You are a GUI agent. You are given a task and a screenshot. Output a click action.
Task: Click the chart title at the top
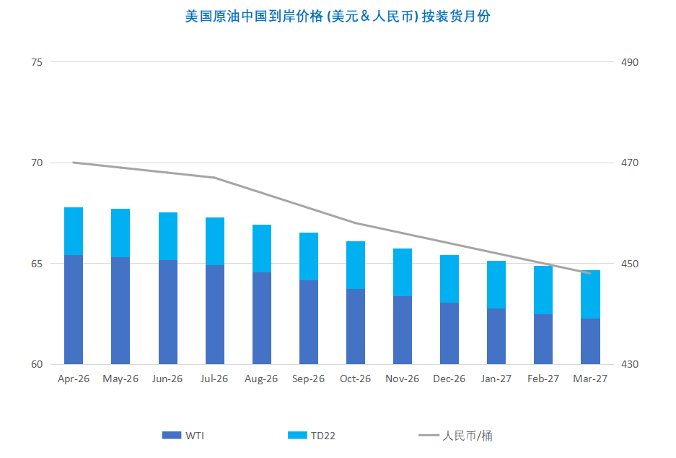(338, 16)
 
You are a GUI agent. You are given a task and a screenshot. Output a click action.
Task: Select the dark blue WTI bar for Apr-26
(74, 309)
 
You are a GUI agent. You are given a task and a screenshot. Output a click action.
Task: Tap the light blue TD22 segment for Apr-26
(74, 231)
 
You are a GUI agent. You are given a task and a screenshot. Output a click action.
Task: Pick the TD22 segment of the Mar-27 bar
(590, 294)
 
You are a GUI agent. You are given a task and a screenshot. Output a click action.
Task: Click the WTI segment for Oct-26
(356, 327)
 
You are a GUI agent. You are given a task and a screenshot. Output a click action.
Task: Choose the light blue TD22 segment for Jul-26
(215, 241)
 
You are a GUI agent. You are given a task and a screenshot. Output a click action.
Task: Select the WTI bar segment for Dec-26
(449, 333)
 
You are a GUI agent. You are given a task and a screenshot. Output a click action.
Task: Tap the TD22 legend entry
(312, 435)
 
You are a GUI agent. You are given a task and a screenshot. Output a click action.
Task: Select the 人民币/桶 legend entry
(456, 435)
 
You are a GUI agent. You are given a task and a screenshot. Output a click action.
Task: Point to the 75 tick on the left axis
(37, 62)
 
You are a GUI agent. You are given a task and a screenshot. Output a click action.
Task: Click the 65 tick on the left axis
(37, 264)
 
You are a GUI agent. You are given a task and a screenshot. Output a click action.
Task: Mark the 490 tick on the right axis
(630, 62)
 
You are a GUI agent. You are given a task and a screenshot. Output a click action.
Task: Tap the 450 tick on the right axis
(630, 264)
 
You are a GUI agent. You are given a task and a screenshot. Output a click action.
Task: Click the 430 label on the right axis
(630, 364)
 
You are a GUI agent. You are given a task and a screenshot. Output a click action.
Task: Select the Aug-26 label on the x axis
(261, 379)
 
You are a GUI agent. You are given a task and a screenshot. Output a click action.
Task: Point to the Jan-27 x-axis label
(496, 379)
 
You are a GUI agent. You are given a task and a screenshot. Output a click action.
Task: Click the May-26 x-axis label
(120, 379)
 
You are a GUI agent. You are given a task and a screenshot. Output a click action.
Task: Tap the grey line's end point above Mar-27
(590, 273)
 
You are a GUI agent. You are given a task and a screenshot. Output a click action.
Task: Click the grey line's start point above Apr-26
(74, 163)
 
